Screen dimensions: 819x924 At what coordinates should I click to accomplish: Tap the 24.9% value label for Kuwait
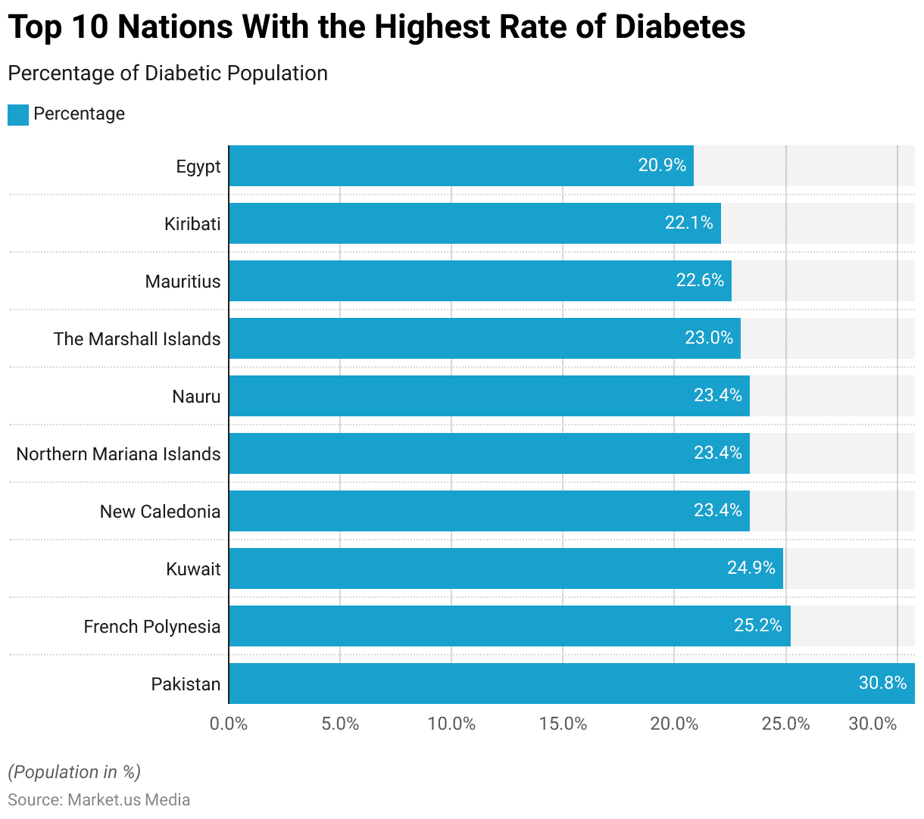point(751,568)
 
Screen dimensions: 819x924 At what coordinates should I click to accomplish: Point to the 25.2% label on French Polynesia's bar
point(758,625)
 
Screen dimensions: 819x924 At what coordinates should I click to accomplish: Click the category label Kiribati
point(192,224)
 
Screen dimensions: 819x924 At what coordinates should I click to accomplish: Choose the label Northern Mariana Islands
point(118,454)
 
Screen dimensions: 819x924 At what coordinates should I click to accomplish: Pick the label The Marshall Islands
point(137,339)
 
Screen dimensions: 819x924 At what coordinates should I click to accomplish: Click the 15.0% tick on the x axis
point(563,724)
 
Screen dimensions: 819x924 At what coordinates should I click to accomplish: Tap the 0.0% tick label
point(229,724)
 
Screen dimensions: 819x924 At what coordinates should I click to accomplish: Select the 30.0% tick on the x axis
point(872,724)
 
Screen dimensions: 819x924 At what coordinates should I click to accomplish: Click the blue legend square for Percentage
point(18,115)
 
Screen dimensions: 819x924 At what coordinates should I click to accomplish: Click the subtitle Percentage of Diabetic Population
point(167,73)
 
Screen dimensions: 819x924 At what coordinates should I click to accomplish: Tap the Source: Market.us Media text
point(98,800)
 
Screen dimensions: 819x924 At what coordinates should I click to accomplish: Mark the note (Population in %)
point(74,772)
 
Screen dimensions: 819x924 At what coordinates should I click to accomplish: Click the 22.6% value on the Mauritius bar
point(700,280)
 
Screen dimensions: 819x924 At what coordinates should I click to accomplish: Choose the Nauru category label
point(196,397)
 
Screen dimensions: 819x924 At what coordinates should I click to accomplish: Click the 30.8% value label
point(882,683)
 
